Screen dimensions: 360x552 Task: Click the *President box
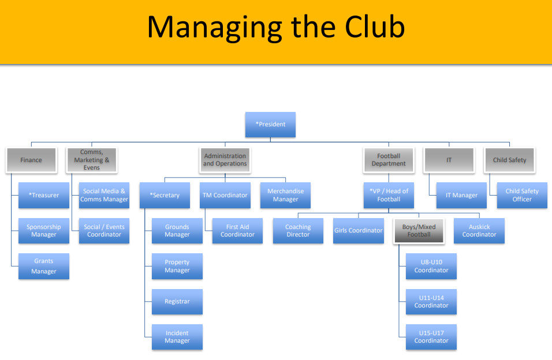[270, 124]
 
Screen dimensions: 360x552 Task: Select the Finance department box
[31, 160]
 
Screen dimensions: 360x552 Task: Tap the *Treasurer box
[44, 195]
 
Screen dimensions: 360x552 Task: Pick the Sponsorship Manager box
[44, 231]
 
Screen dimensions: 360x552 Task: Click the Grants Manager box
[44, 266]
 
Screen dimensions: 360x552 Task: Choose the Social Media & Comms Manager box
[104, 195]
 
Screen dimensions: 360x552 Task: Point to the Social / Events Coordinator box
[104, 231]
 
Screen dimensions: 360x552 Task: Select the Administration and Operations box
[225, 160]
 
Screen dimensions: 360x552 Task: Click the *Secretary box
[165, 195]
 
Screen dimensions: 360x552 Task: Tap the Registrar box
[177, 301]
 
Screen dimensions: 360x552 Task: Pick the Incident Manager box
[177, 337]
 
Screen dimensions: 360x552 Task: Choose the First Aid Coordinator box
[237, 231]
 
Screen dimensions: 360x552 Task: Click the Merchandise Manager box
[285, 195]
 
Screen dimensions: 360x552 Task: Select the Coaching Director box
[298, 231]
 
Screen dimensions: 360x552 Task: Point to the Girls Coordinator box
[358, 231]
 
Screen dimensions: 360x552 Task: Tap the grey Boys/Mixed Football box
[419, 231]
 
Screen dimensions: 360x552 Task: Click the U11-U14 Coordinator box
[431, 301]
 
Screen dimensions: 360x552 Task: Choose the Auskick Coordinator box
[479, 231]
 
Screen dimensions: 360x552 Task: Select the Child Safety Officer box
[522, 195]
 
